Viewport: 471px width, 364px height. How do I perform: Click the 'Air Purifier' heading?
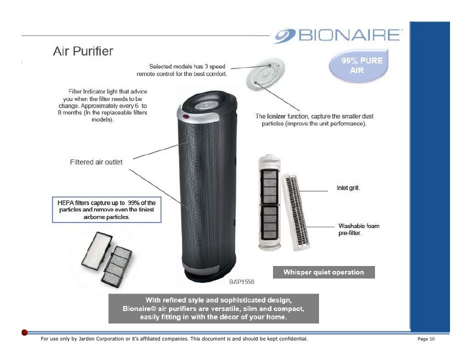83,51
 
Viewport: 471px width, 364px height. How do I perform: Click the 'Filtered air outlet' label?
95,162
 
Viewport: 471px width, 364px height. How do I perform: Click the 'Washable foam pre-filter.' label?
358,229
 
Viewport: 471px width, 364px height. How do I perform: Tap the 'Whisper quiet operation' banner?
323,272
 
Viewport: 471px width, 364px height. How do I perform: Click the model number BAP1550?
242,282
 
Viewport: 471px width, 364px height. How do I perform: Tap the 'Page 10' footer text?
426,339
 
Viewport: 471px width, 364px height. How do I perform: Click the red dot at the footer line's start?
24,332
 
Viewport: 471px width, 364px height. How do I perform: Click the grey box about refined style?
213,308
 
